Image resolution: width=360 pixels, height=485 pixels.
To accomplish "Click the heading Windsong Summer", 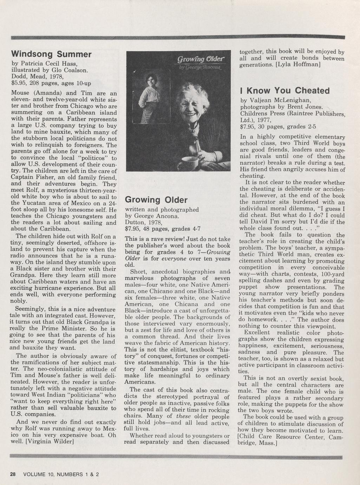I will (x=51, y=54).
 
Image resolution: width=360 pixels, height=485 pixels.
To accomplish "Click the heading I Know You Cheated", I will (x=285, y=91).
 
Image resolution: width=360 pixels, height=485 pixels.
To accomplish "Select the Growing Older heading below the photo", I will (x=156, y=200).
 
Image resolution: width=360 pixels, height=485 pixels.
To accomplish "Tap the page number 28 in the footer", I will (x=13, y=474).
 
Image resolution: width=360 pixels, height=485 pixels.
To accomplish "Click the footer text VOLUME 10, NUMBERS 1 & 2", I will (x=61, y=474).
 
